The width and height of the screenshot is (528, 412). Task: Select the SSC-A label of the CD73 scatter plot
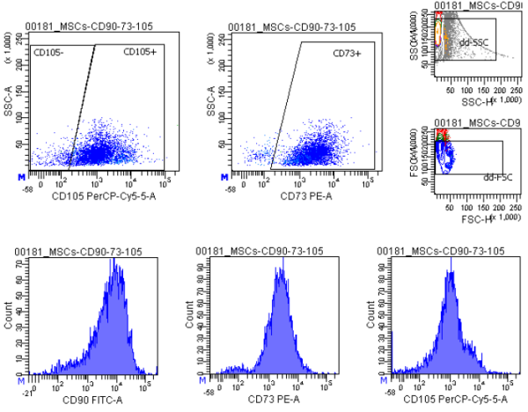[210, 99]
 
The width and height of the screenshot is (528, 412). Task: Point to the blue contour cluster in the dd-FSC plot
[451, 156]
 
